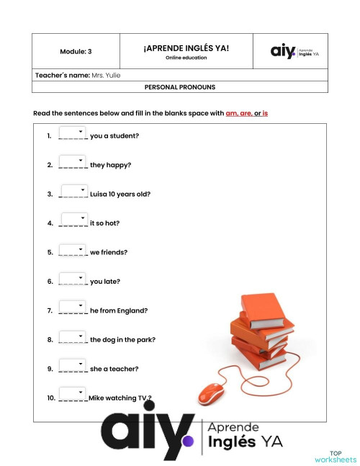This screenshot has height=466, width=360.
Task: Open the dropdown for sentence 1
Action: [73, 133]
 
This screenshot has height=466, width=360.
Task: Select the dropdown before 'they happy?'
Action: [73, 161]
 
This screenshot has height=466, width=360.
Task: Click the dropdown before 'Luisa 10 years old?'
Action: [74, 191]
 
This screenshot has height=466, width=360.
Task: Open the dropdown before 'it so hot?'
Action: [74, 220]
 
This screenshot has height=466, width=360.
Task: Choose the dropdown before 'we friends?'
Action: [73, 249]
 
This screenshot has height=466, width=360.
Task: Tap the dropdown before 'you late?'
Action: [73, 278]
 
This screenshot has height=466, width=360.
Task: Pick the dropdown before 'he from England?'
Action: [73, 308]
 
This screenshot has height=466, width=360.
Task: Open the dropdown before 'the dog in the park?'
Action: [73, 336]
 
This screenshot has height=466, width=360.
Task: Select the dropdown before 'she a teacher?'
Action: [73, 365]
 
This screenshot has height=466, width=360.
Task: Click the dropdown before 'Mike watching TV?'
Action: [73, 394]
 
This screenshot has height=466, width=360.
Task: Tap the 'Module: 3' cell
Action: [76, 52]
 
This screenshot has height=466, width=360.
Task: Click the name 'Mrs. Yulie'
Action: [106, 76]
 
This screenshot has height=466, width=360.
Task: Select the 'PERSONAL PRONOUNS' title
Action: [179, 87]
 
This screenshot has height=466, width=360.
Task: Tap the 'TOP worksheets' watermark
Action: [335, 457]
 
